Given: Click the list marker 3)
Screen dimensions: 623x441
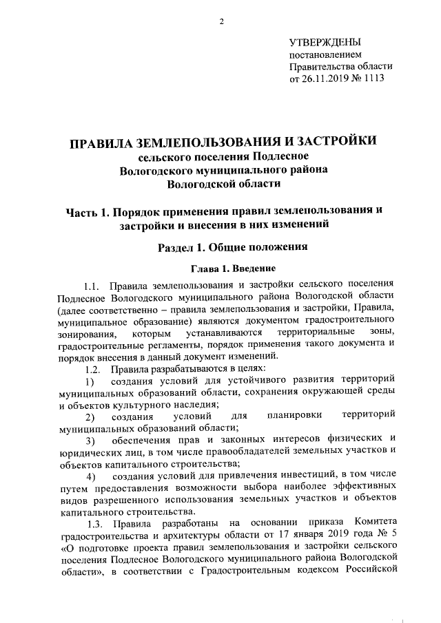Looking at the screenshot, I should pos(90,440).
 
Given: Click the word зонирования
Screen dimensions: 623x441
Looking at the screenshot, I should pos(87,332).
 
